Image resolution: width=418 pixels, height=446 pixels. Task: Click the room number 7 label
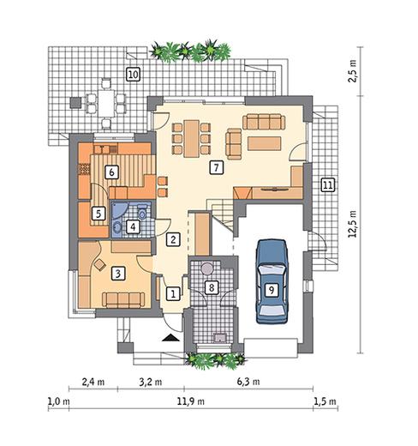[216, 167]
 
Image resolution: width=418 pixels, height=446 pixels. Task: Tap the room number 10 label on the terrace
[133, 75]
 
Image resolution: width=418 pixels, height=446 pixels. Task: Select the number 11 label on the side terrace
[328, 185]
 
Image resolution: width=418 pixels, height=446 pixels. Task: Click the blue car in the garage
[272, 281]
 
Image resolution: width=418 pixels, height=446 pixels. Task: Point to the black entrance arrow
[170, 338]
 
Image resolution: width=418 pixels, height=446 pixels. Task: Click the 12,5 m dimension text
[353, 224]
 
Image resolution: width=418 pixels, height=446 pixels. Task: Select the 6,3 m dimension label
[248, 382]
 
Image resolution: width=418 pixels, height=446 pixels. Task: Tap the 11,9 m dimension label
[191, 401]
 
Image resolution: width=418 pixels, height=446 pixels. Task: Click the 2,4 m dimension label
[93, 382]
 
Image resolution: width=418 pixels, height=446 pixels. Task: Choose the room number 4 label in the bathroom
[133, 227]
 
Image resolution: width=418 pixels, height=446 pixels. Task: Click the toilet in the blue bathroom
[142, 211]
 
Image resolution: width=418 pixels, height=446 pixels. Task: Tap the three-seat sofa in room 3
[123, 300]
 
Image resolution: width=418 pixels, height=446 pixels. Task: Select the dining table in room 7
[191, 139]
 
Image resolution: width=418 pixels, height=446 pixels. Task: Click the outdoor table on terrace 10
[106, 103]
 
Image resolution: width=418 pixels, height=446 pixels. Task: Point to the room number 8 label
[212, 287]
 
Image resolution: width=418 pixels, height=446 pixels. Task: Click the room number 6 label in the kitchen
[111, 172]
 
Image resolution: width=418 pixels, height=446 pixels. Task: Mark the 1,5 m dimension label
[325, 401]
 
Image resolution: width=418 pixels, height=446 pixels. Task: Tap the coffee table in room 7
[265, 143]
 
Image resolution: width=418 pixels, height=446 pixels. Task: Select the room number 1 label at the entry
[173, 293]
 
